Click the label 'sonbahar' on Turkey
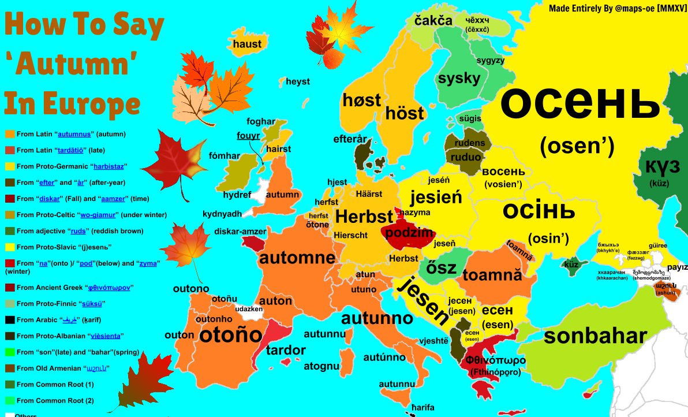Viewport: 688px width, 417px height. point(595,336)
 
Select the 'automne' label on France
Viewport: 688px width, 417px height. point(297,258)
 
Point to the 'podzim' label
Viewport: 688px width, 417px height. point(409,232)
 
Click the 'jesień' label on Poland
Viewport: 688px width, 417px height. point(436,198)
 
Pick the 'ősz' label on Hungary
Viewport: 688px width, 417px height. point(441,268)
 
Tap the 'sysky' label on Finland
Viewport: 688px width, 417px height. point(459,79)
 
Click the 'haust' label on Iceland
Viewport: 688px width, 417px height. point(247,44)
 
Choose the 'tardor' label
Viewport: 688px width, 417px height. point(286,350)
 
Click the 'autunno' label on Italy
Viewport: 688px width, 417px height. point(377,318)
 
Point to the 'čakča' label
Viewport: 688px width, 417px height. point(433,21)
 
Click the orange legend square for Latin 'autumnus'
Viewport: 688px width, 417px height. point(10,134)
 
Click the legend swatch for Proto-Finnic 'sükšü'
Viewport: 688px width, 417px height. point(10,303)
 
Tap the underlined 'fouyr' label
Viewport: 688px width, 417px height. point(248,136)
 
